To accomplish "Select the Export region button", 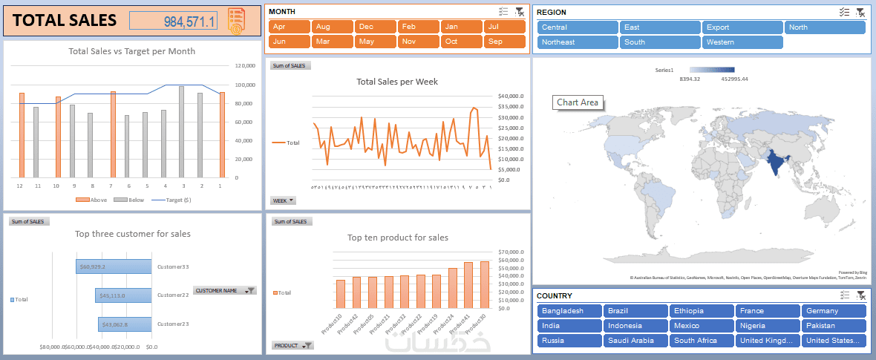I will pos(742,27).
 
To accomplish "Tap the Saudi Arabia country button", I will pos(635,341).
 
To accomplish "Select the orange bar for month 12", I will pos(22,135).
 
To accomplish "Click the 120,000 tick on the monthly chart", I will pos(245,65).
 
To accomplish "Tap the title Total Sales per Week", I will pos(396,82).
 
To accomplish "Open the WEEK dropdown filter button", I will pos(284,200).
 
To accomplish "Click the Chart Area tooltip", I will pos(578,102).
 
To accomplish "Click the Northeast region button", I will pos(576,42).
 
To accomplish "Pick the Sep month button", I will pos(505,42).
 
